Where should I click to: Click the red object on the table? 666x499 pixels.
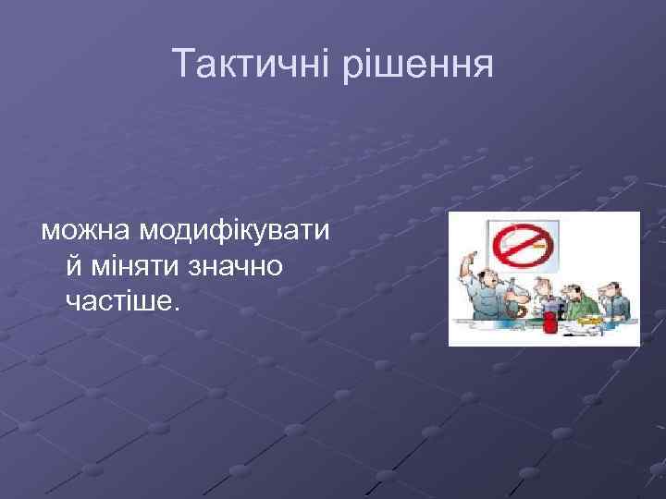click(550, 322)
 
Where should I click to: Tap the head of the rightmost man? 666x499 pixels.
click(613, 288)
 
